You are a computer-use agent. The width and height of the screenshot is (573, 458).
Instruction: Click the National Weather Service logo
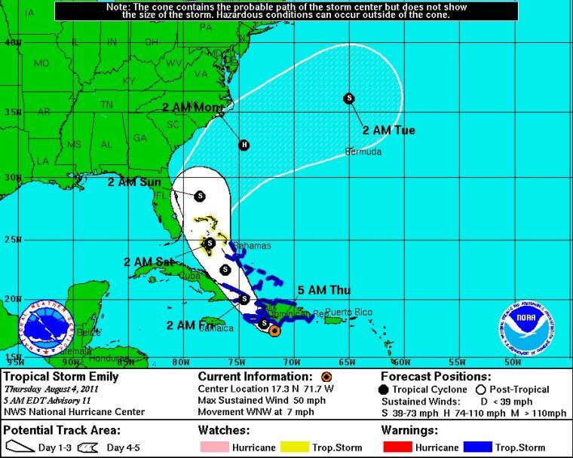point(46,327)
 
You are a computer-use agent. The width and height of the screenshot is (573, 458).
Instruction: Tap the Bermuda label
point(363,152)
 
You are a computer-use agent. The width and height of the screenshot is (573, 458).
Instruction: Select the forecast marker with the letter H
point(244,145)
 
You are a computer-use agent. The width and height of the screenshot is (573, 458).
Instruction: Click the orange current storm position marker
point(274,330)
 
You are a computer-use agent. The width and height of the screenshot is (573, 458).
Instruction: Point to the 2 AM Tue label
point(389,130)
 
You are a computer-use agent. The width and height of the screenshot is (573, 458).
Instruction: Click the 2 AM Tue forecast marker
point(349,98)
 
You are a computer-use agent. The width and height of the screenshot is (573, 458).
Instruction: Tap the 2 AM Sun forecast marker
point(200,196)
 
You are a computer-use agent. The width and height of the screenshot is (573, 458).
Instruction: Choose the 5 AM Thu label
point(324,290)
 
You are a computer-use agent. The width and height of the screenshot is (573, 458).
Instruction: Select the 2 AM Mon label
point(192,107)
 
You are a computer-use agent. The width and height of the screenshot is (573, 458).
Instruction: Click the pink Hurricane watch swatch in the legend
point(213,447)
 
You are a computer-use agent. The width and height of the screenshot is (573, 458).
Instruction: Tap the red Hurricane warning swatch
point(397,447)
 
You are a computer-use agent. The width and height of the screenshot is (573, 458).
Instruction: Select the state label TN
point(107,105)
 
